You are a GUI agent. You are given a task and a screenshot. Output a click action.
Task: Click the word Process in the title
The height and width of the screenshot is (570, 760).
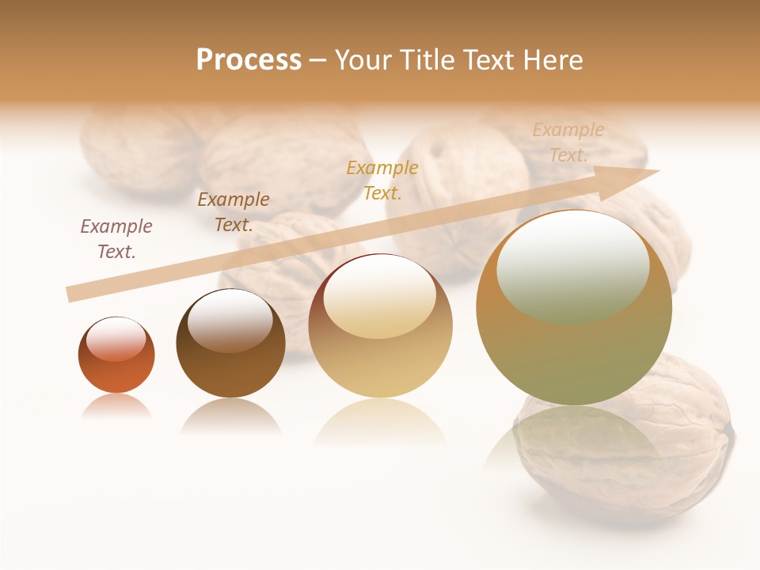click(x=249, y=59)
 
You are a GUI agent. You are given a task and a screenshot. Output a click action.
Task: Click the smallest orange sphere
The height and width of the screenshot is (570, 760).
click(x=116, y=355)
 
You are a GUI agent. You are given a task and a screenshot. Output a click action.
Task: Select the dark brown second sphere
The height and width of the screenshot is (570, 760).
click(x=230, y=348)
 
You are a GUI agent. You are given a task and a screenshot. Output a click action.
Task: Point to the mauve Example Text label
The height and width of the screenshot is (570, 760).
click(x=116, y=238)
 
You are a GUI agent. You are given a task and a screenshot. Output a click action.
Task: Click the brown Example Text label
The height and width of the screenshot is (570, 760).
click(x=234, y=211)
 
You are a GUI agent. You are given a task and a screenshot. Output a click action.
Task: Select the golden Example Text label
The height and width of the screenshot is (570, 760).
click(x=382, y=180)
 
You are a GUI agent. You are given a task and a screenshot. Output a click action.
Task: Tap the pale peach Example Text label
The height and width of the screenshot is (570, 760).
click(x=568, y=142)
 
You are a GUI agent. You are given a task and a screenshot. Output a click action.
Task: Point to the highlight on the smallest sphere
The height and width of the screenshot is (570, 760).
click(x=116, y=339)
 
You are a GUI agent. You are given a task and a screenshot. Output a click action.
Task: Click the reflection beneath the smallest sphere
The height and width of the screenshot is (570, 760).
click(x=116, y=406)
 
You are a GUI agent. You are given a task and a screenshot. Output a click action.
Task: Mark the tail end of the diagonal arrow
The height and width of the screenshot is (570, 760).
click(x=71, y=294)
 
